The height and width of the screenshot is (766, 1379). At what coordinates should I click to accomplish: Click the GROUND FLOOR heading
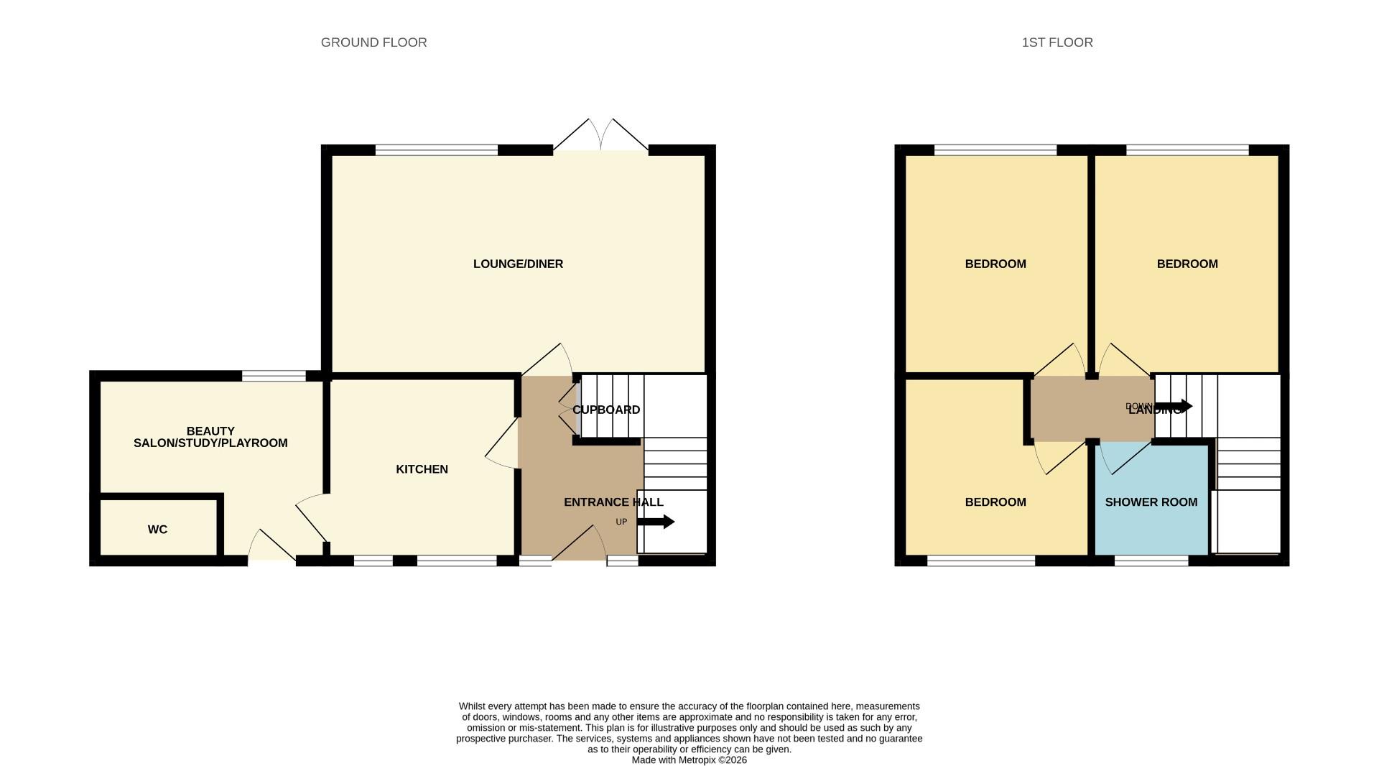(x=373, y=42)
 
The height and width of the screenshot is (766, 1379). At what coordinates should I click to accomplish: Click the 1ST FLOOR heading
(x=1057, y=42)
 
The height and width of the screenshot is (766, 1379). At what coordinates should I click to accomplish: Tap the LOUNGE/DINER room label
(x=518, y=264)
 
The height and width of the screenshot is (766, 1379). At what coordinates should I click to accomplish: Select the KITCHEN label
(x=422, y=469)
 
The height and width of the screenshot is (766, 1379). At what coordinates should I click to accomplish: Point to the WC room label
(x=157, y=530)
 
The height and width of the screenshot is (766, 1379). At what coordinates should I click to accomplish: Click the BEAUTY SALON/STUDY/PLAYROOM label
(x=210, y=437)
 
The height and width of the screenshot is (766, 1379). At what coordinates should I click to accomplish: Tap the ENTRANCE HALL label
(x=613, y=502)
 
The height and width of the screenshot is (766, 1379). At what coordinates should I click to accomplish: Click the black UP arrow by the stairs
(x=655, y=522)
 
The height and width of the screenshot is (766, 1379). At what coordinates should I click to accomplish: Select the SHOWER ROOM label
(x=1151, y=502)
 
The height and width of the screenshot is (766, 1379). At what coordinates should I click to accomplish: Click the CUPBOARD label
(x=605, y=410)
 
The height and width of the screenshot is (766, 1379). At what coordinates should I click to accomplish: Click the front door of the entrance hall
(x=579, y=544)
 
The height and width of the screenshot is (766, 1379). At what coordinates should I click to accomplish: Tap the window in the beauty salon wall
(x=274, y=376)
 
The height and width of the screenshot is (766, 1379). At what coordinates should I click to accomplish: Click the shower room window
(x=1151, y=560)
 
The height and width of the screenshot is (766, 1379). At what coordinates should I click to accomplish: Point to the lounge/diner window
(x=436, y=150)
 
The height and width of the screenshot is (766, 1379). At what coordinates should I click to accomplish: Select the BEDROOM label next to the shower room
(x=995, y=502)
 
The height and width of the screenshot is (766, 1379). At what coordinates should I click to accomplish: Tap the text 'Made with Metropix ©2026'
(x=689, y=760)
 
